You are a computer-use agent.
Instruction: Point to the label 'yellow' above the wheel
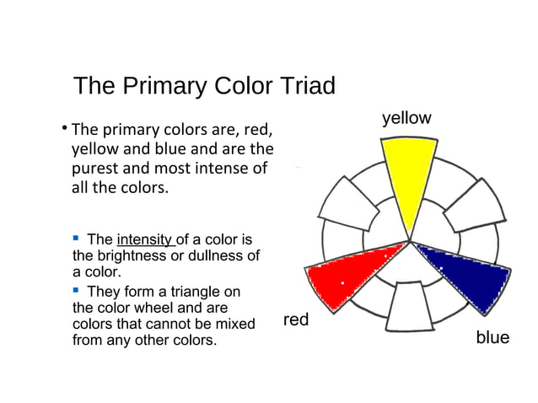[406, 117]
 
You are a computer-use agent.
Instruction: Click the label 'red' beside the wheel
[295, 320]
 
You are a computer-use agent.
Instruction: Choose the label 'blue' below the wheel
[492, 337]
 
